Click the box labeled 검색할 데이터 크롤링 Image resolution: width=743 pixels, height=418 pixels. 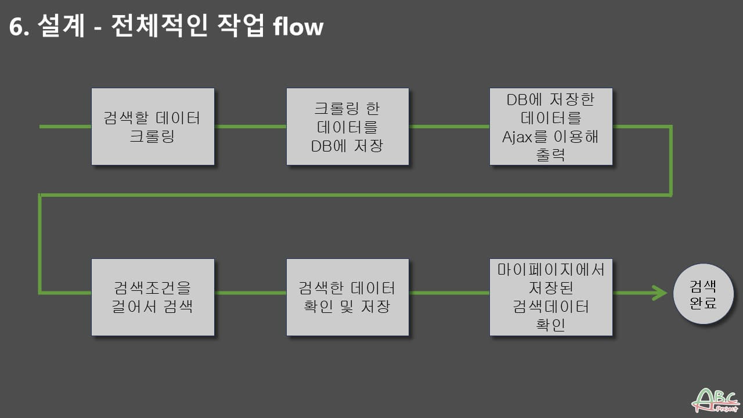click(153, 127)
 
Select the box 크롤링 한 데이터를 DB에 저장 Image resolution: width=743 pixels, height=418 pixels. click(348, 127)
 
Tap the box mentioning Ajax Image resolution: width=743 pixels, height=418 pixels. click(551, 127)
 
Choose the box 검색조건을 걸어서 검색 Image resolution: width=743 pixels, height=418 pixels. click(153, 297)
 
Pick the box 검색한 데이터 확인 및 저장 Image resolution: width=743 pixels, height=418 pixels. click(348, 297)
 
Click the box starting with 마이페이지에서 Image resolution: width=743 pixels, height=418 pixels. click(551, 297)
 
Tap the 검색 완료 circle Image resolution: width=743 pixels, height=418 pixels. click(702, 294)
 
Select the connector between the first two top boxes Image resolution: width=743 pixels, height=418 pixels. click(250, 126)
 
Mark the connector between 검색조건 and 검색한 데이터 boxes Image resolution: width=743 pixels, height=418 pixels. click(250, 292)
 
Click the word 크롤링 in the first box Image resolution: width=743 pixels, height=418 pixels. click(152, 138)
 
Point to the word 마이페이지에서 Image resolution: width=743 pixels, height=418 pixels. click(551, 269)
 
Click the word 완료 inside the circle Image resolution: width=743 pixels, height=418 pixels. click(702, 303)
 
